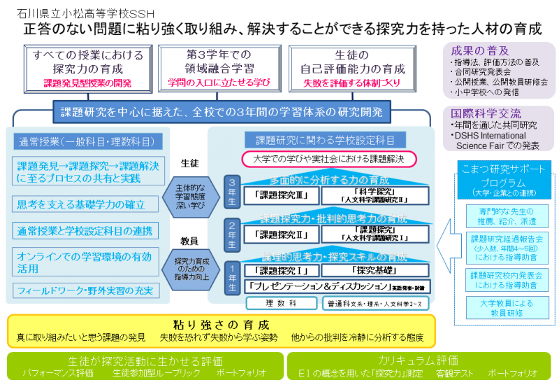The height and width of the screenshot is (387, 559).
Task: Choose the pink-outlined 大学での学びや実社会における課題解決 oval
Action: click(328, 160)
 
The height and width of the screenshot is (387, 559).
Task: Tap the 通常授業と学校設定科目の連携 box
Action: click(86, 229)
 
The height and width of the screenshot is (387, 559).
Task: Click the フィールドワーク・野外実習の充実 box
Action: click(87, 289)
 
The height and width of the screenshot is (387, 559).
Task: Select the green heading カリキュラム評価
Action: click(419, 361)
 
